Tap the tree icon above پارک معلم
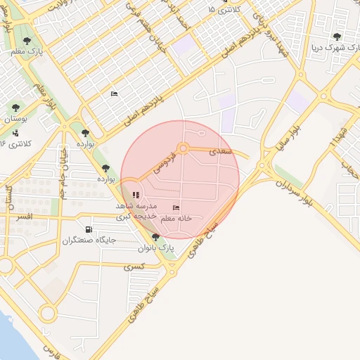pos(27,41)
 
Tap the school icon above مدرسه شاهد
pos(136,195)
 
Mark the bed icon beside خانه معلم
pos(175,207)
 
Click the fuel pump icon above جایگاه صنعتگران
pos(88,229)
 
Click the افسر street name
pos(25,217)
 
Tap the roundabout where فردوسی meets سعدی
pos(184,148)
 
